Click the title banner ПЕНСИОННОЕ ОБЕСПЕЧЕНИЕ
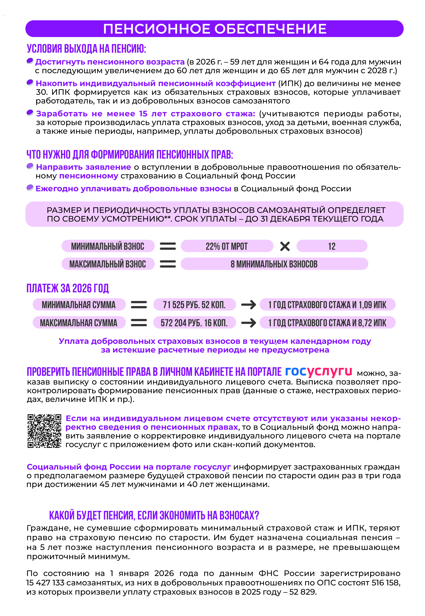click(x=214, y=29)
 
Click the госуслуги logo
click(x=318, y=371)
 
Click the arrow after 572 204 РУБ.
click(x=248, y=323)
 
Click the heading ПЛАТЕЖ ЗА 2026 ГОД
click(x=68, y=288)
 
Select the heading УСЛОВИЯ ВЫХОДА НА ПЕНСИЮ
click(x=86, y=49)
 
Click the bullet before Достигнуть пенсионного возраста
click(x=30, y=61)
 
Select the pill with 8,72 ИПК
click(x=327, y=323)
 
